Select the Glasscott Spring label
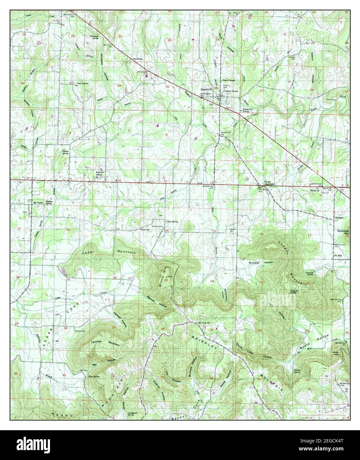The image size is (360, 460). tap(309, 274)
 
